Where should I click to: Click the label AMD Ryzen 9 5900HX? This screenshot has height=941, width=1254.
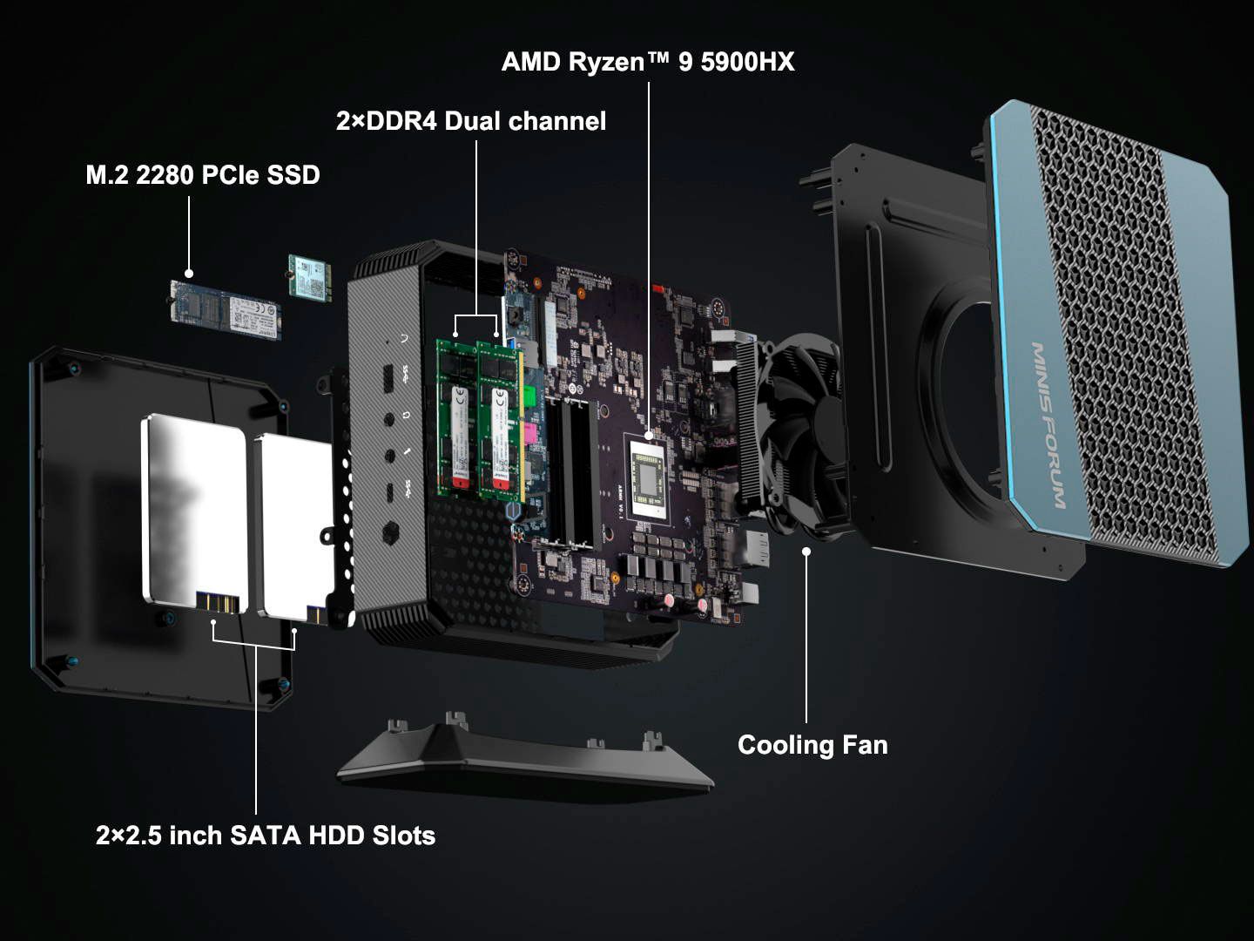click(648, 62)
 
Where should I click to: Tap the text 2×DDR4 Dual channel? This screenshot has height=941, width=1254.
click(471, 121)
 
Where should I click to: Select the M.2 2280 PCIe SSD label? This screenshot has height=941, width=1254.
click(203, 175)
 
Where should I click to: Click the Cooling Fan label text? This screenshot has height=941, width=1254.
click(812, 745)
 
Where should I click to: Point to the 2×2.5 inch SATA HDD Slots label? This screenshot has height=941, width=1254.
click(266, 836)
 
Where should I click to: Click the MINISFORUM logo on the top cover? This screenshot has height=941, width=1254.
click(1048, 425)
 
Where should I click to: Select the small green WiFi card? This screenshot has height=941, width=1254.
click(311, 277)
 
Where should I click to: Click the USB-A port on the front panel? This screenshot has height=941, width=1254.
click(389, 380)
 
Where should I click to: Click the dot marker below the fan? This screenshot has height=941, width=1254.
click(806, 551)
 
